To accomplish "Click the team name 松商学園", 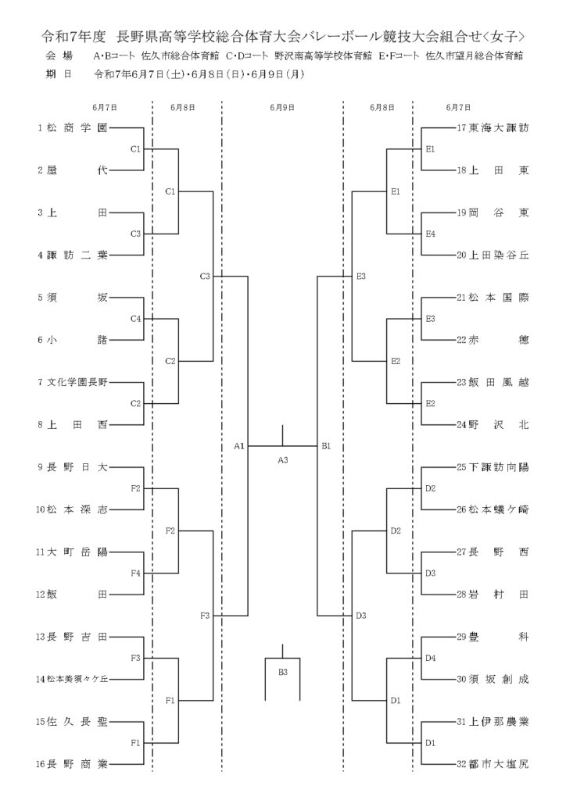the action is click(77, 128).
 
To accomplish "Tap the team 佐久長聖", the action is click(77, 722).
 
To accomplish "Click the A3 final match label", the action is click(283, 460).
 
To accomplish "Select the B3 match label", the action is click(283, 672).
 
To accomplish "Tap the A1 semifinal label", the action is click(239, 446).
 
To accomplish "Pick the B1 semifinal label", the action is click(326, 446).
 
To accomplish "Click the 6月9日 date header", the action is click(282, 108).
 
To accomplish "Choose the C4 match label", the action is click(135, 319).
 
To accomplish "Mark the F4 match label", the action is click(135, 573).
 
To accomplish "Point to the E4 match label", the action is click(430, 234).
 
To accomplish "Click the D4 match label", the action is click(430, 658).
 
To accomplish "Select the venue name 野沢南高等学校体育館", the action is click(323, 56).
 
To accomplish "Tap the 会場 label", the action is click(59, 56).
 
